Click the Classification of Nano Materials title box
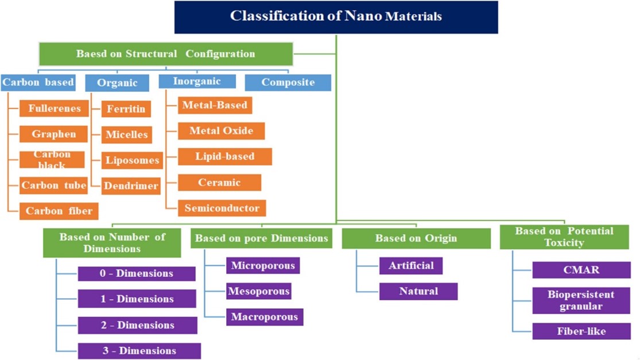[336, 17]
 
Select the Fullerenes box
[54, 109]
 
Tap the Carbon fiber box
[59, 211]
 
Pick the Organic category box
[117, 83]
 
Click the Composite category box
[288, 83]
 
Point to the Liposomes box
[132, 160]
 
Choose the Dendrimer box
[131, 186]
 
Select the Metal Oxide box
[221, 131]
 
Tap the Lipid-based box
[225, 157]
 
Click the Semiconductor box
[222, 208]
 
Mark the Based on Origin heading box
[416, 238]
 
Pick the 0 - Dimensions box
[137, 273]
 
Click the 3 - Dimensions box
[139, 351]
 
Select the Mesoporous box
[259, 292]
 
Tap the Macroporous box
[265, 317]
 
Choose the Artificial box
[411, 266]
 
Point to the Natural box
[418, 292]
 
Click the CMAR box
[581, 270]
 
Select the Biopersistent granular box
[581, 300]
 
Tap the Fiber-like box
[581, 331]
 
